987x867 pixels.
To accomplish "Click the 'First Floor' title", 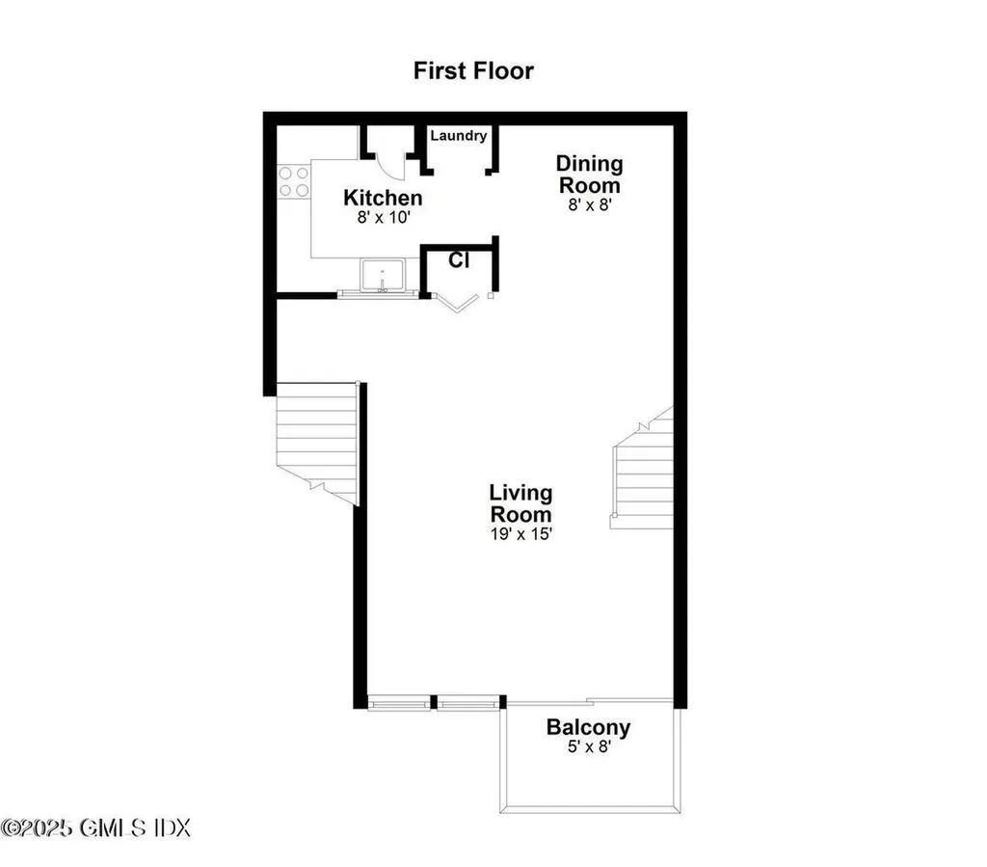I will (x=473, y=70).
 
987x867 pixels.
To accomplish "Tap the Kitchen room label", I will (x=383, y=199).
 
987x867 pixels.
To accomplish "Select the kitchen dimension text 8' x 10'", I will (x=383, y=218).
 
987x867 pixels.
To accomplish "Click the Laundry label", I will (x=458, y=136).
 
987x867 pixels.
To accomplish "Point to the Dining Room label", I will (x=590, y=175).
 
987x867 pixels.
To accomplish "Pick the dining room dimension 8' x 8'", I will (x=590, y=204).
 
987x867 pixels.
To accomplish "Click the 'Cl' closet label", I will (x=459, y=259).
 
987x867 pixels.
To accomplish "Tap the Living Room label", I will (x=520, y=503).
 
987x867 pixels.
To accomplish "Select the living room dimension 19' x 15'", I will (x=520, y=532).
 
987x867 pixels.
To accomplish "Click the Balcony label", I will (x=588, y=727).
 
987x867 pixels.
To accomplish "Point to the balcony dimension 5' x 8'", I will (x=588, y=747).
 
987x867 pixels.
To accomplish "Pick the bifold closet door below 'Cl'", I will (x=457, y=302).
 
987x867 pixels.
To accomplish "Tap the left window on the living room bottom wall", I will (x=399, y=702).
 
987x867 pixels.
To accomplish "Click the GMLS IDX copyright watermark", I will (x=96, y=827).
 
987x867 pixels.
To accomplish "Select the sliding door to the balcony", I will (x=590, y=701).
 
